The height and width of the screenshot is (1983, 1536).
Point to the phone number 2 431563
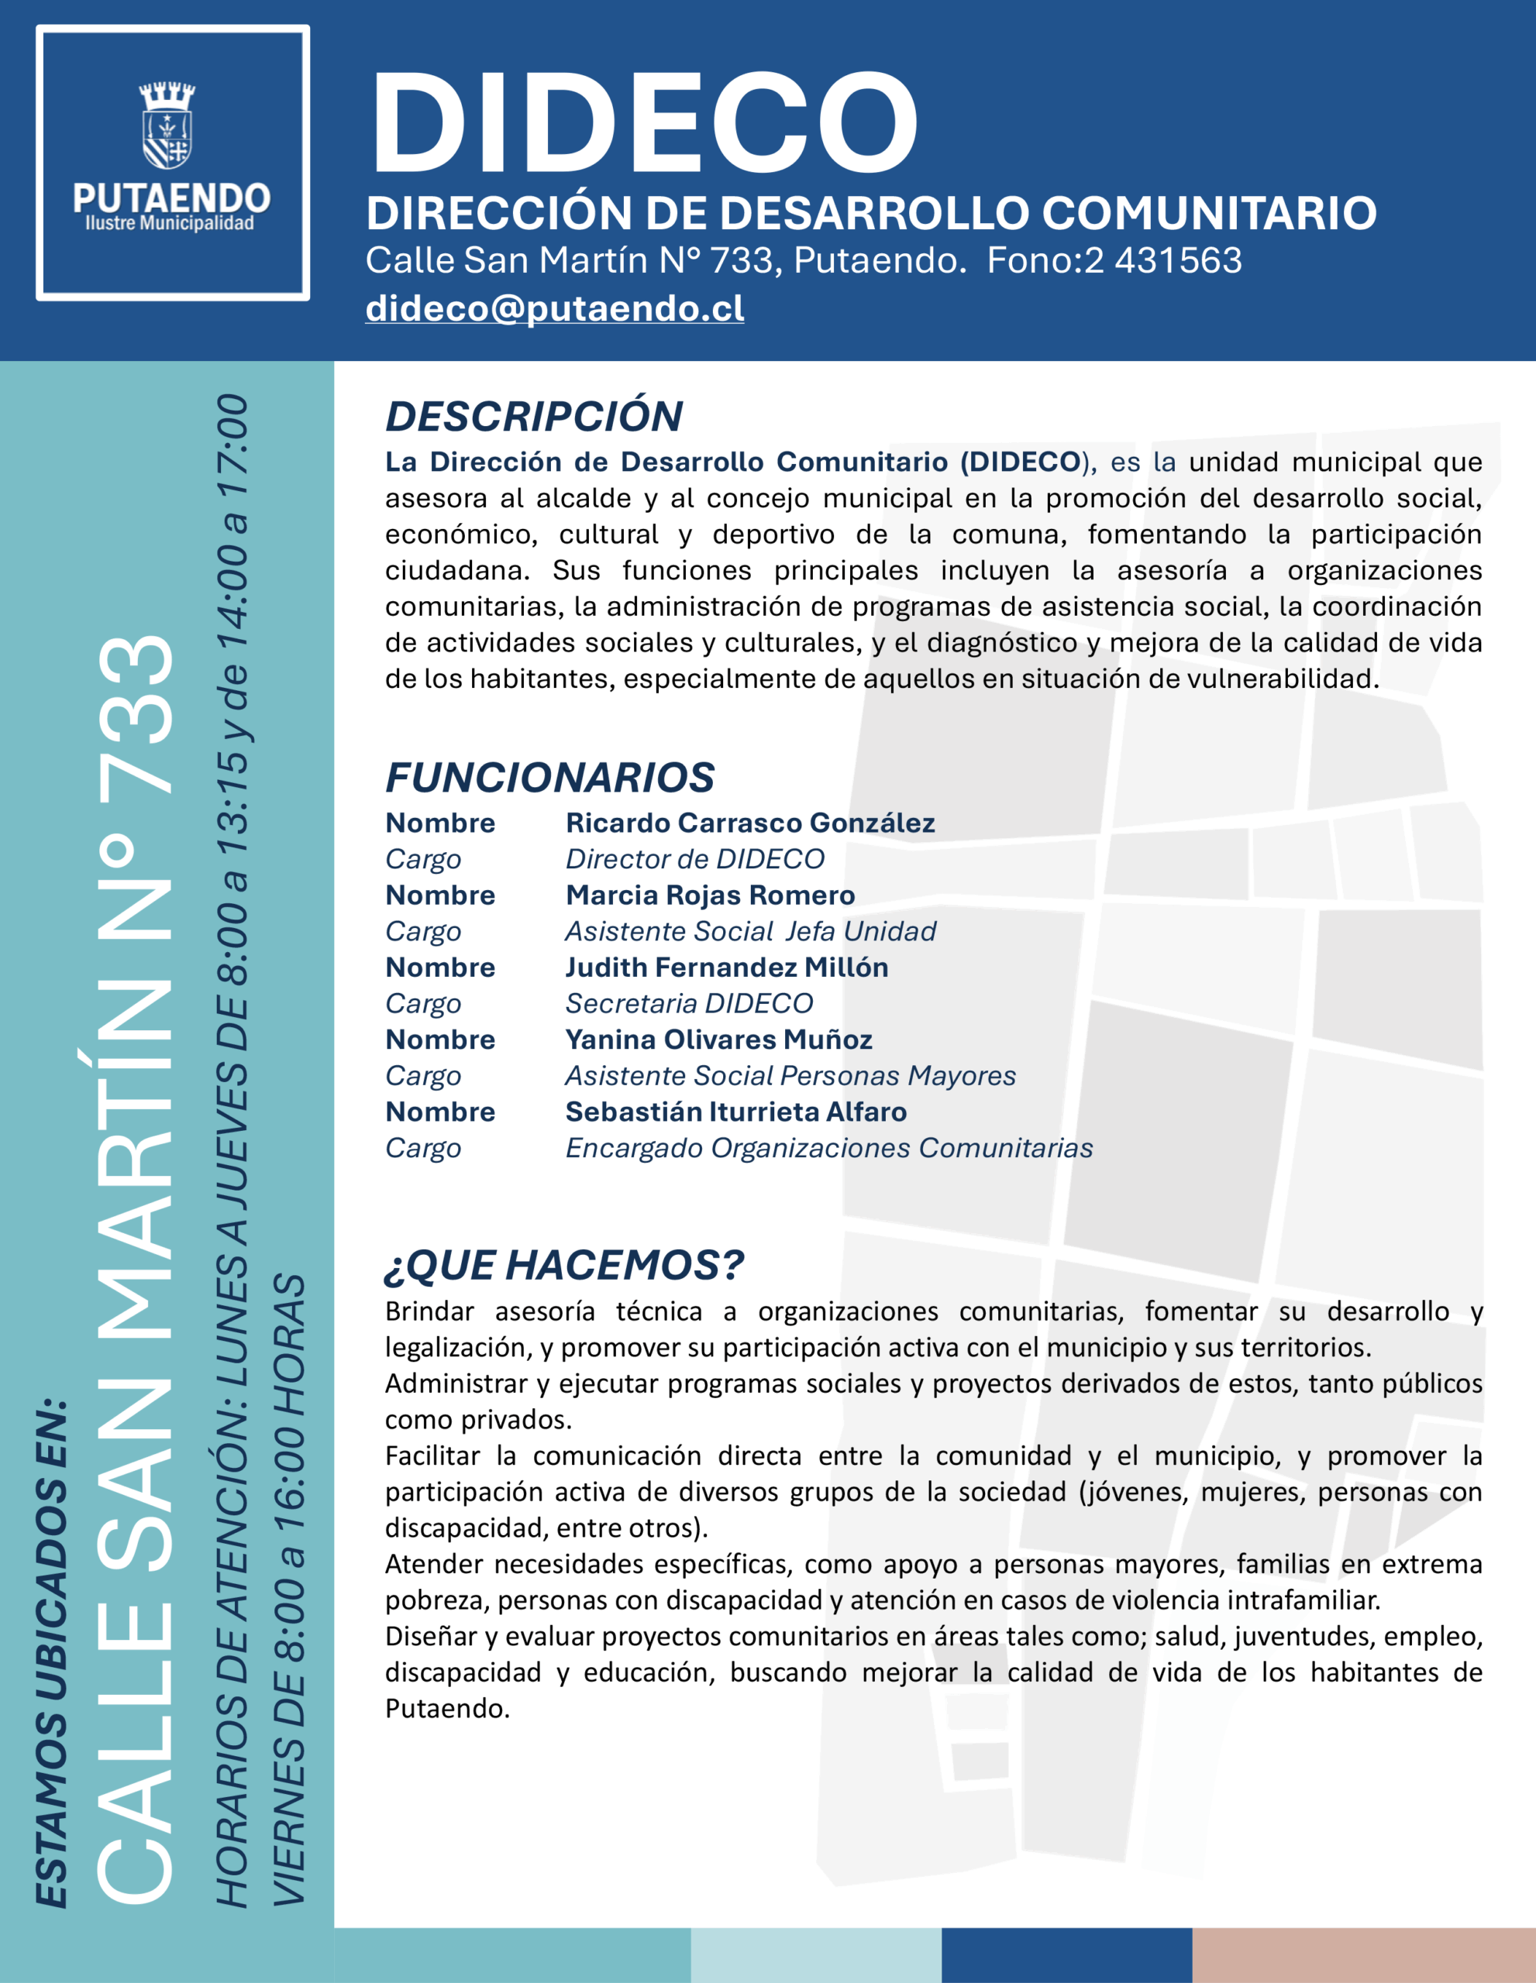pos(1162,260)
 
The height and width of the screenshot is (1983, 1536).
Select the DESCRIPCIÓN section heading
pos(534,417)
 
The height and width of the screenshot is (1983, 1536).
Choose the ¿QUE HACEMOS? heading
pos(564,1265)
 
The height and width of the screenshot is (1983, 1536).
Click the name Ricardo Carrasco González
pos(749,823)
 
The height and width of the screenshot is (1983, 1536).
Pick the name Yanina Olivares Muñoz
pos(718,1040)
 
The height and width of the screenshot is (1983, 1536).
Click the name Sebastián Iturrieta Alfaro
pos(735,1112)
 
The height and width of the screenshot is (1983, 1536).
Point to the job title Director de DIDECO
pos(695,859)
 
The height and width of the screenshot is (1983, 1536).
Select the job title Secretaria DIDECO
pos(688,1003)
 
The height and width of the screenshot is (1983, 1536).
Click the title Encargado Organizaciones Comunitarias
pos(828,1148)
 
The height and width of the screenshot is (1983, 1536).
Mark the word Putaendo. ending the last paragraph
pos(447,1709)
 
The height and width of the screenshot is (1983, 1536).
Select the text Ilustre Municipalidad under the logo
pos(170,223)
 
